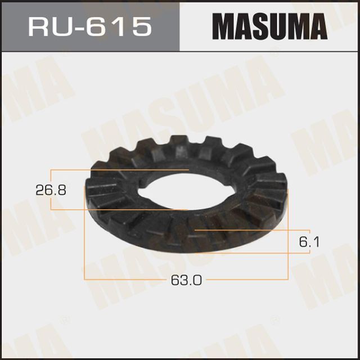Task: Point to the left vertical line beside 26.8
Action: point(51,189)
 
